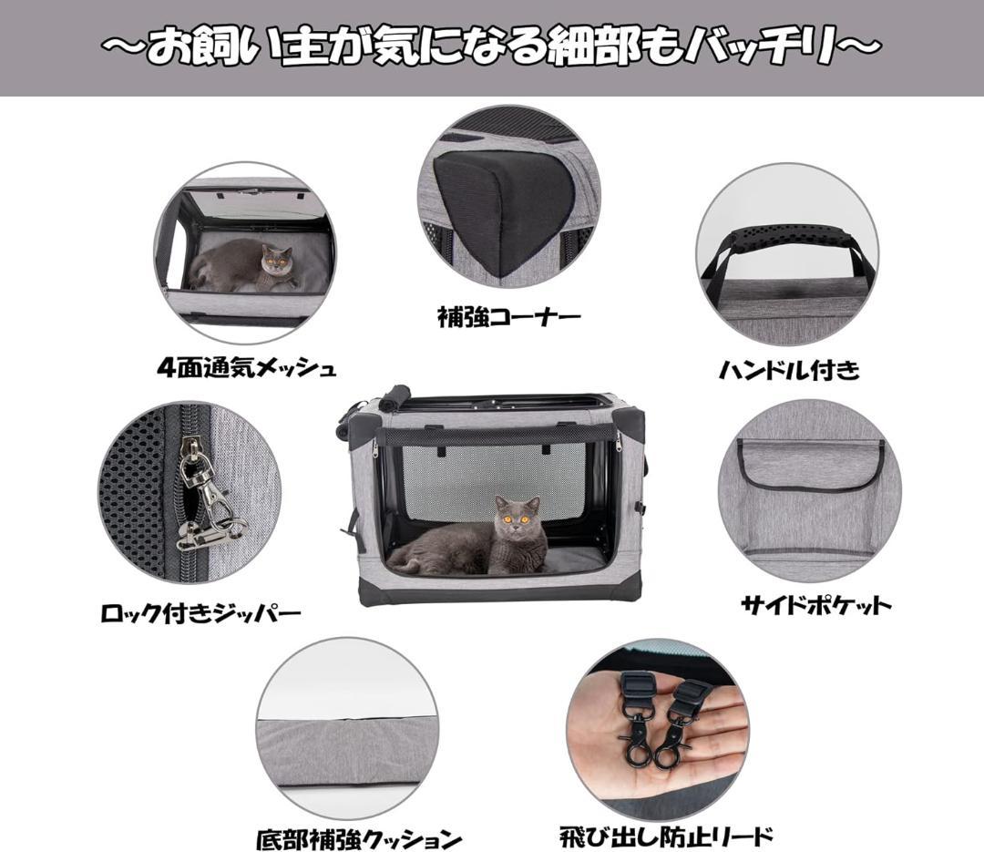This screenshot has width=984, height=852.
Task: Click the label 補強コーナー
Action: tap(508, 317)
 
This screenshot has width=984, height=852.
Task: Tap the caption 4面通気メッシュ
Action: tap(246, 367)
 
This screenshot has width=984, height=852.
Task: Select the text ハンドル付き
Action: tap(789, 369)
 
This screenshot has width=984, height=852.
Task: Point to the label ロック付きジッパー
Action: tap(200, 613)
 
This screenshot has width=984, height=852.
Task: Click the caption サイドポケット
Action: tap(815, 605)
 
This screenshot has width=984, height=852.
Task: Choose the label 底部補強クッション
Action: tap(358, 837)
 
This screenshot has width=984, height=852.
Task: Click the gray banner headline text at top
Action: tap(492, 46)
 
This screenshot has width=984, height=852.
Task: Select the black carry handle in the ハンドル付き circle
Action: tap(788, 239)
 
